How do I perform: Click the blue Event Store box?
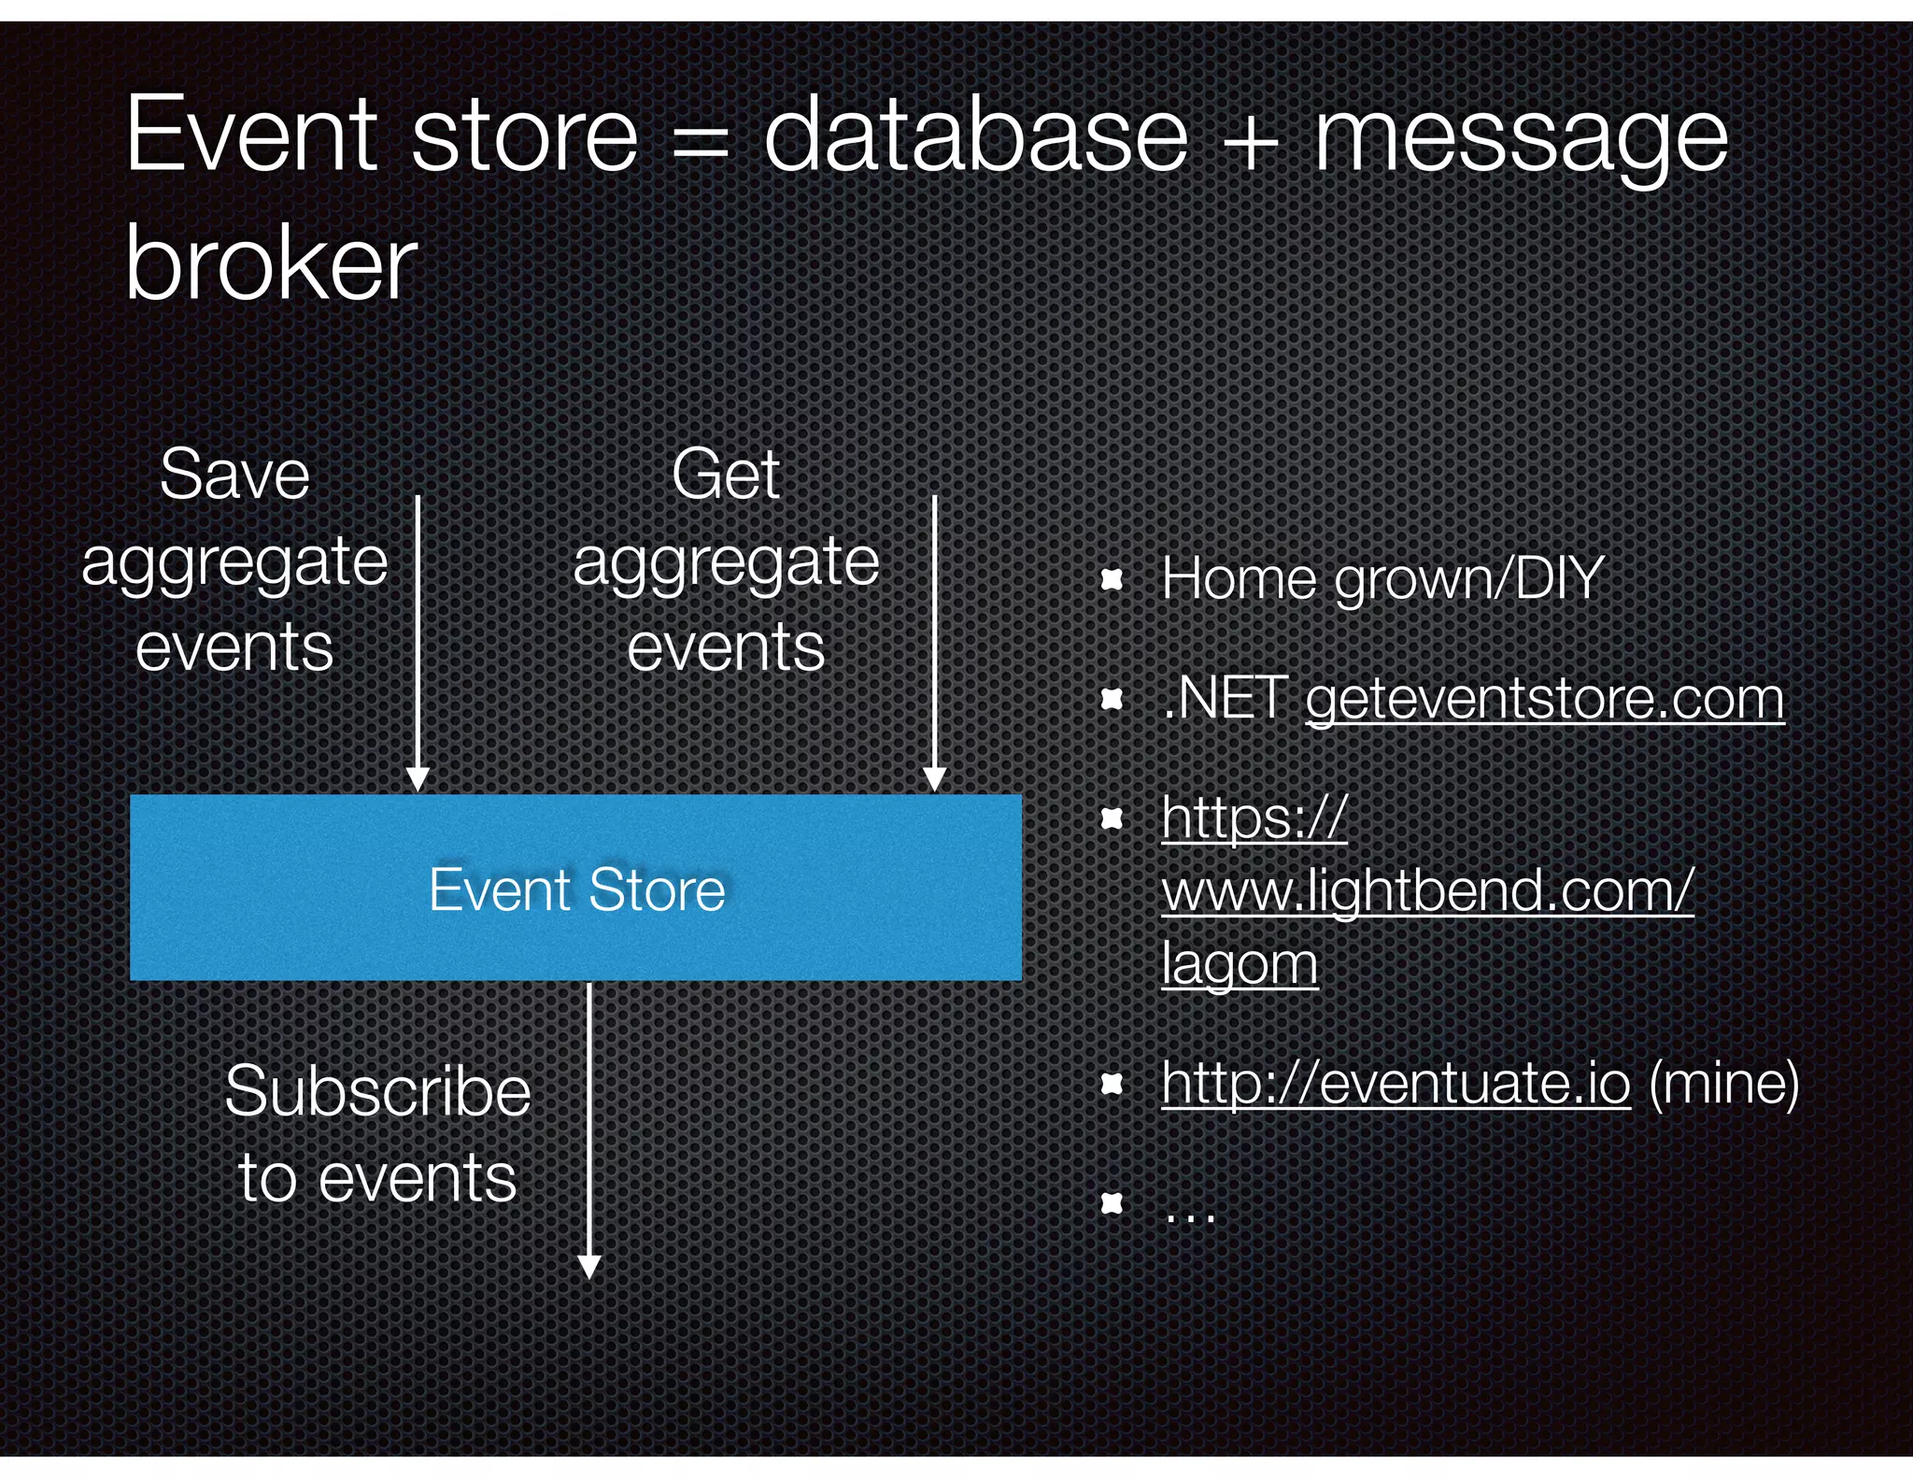tap(575, 888)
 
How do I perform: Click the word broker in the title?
tap(271, 265)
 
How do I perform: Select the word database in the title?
tap(975, 138)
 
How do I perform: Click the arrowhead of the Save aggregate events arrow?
tap(418, 779)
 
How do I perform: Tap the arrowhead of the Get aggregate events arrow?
tap(934, 779)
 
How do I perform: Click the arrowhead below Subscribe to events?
tap(589, 1266)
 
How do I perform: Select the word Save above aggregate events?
tap(234, 476)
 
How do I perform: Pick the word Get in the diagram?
tap(725, 476)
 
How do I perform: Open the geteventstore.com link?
tap(1544, 699)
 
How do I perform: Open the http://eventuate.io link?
tap(1396, 1084)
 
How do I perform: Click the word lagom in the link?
tap(1240, 964)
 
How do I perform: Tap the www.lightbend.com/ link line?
tap(1426, 890)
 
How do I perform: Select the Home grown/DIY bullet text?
tap(1382, 579)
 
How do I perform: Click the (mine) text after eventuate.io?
tap(1723, 1084)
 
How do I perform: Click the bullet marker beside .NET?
tap(1111, 699)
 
